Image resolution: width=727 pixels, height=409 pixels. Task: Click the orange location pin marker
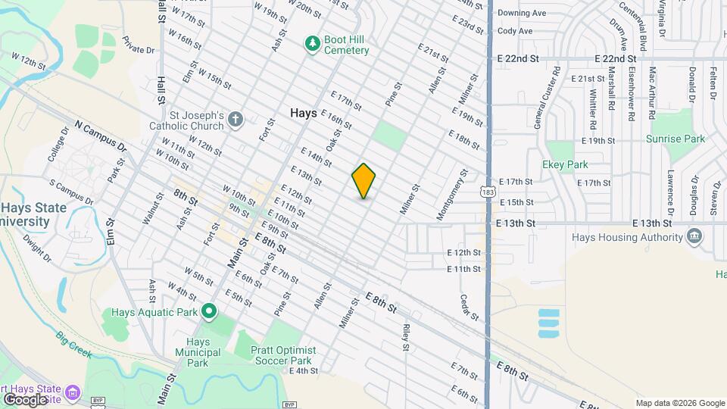(363, 181)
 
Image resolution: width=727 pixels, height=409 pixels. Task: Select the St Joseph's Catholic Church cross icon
(236, 119)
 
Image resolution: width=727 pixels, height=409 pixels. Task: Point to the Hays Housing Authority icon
(694, 237)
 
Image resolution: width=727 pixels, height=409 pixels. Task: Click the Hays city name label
(303, 112)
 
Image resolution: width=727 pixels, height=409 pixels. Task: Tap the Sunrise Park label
(676, 139)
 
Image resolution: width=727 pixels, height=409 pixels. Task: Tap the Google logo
(24, 399)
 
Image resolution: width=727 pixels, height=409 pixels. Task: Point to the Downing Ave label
(522, 13)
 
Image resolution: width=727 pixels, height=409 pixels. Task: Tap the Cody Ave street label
(515, 31)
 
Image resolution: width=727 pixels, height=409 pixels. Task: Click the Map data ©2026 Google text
(680, 403)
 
